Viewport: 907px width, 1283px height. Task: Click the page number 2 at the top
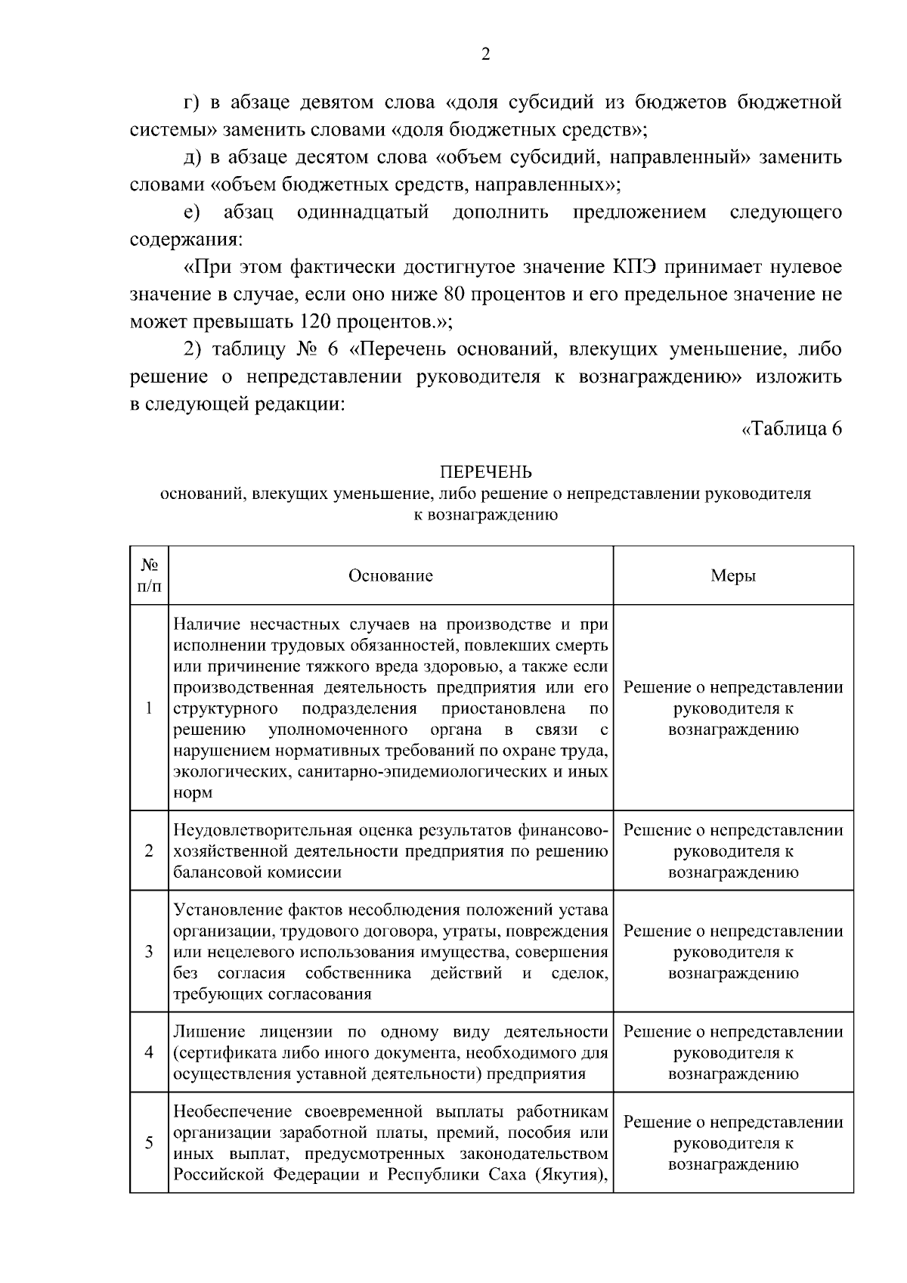click(x=486, y=54)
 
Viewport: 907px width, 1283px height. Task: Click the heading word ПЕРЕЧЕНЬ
click(x=486, y=473)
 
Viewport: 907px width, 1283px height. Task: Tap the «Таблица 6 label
click(x=791, y=429)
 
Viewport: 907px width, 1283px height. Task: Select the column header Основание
click(x=390, y=576)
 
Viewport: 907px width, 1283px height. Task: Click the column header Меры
click(x=733, y=576)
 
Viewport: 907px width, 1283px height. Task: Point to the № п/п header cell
click(x=149, y=576)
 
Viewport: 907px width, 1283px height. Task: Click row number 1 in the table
click(x=149, y=708)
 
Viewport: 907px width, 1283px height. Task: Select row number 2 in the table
click(x=149, y=851)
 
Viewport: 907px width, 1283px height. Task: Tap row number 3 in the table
click(x=149, y=951)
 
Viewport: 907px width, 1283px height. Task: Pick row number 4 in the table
click(x=149, y=1052)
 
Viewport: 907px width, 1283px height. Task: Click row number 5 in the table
click(x=149, y=1142)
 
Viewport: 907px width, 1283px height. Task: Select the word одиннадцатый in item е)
click(x=364, y=212)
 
